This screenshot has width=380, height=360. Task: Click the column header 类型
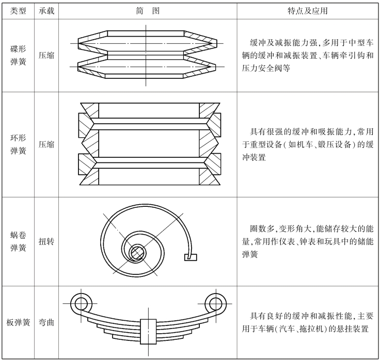pos(18,11)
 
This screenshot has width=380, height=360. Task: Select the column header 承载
pos(46,11)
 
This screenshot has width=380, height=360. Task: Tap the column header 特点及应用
pos(308,11)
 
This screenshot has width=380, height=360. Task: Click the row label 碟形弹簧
pos(18,55)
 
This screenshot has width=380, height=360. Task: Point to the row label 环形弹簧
pos(18,144)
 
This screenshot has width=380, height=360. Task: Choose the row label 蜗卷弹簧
pos(18,241)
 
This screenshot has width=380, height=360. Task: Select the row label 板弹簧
pos(18,322)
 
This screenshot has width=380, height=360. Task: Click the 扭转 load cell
pos(46,241)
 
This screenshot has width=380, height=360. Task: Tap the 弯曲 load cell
pos(46,322)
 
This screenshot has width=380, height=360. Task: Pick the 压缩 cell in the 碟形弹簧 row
pos(46,55)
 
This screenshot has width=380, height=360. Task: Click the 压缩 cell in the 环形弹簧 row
pos(46,144)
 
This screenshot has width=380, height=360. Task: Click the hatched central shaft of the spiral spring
pos(137,253)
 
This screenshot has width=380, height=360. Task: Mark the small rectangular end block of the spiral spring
pos(191,257)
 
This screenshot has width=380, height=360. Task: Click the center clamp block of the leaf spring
pos(148,332)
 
